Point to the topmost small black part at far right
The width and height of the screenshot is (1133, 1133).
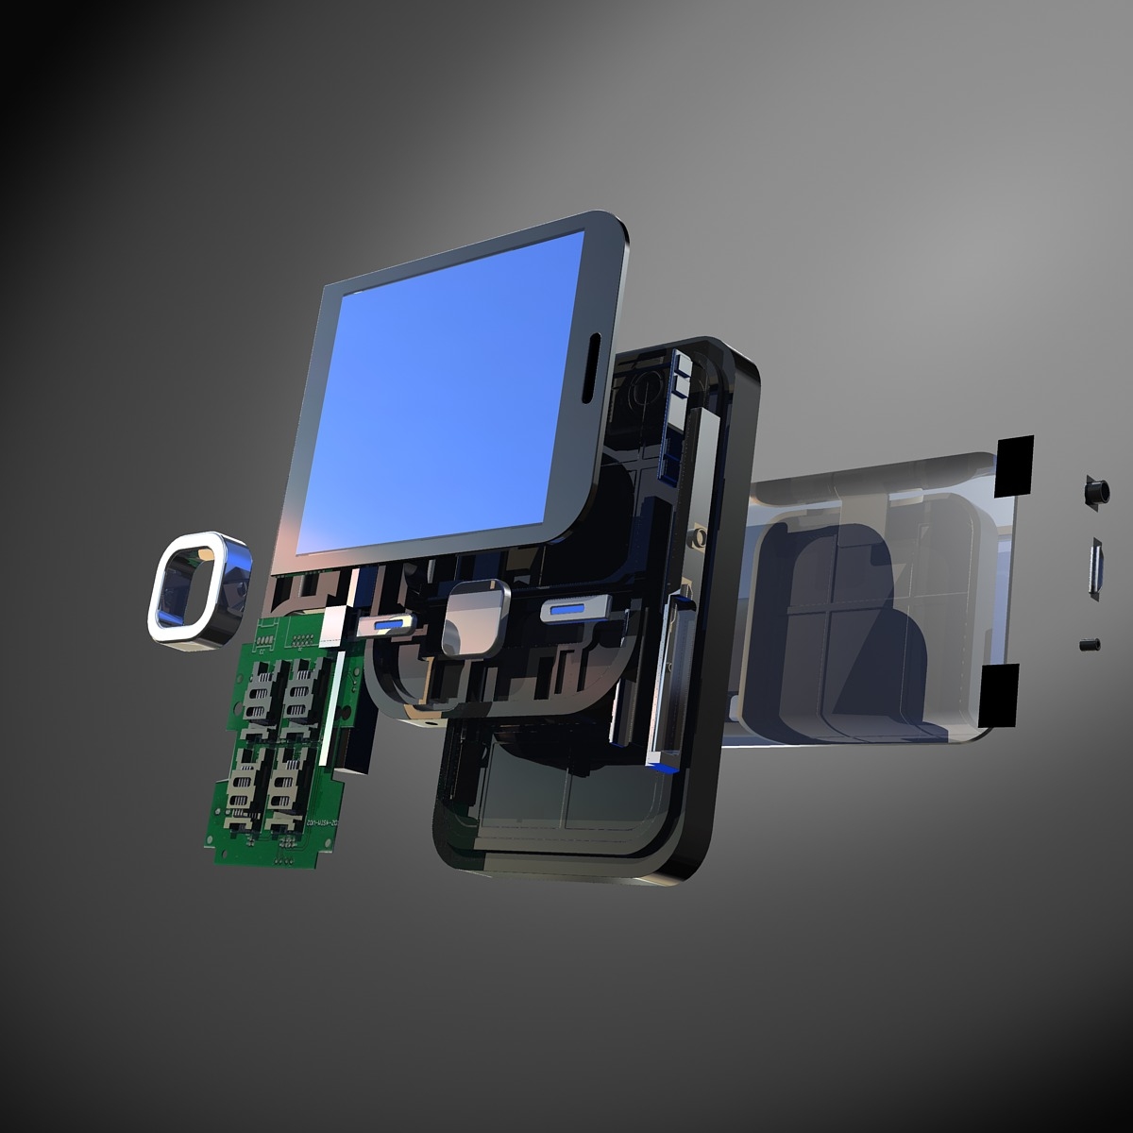(x=1094, y=492)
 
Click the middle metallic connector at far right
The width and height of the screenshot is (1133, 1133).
(x=1097, y=568)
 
